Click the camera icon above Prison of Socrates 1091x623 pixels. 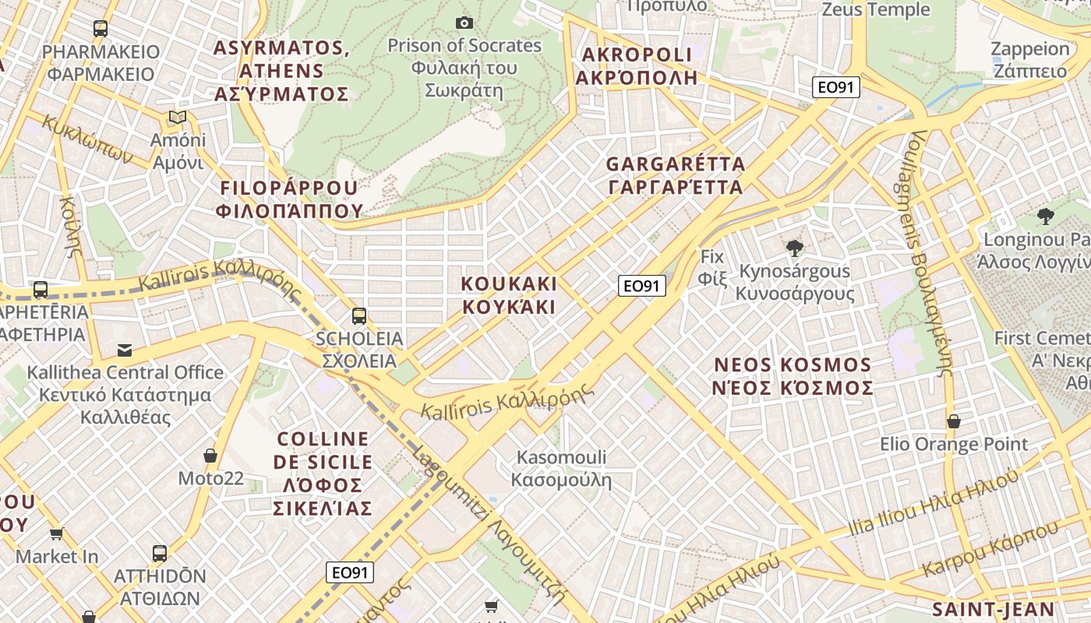tap(464, 23)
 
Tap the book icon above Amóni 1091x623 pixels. tap(178, 118)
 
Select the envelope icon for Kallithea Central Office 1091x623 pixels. tap(125, 350)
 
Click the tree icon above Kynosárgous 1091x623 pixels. tap(794, 248)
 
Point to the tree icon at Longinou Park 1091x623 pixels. tap(1045, 216)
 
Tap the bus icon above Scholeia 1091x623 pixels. tap(358, 315)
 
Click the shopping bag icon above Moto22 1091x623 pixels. tap(210, 455)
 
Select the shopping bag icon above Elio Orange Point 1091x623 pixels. tap(953, 421)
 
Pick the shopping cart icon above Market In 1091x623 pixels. tap(56, 534)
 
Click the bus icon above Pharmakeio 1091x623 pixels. tap(101, 29)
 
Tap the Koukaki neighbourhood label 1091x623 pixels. tap(509, 294)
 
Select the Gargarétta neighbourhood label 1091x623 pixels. tap(675, 175)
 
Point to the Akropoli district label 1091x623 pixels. tap(636, 66)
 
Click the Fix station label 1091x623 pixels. tap(711, 267)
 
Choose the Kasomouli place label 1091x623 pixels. tap(561, 467)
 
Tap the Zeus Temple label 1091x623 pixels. tap(876, 9)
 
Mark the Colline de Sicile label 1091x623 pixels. tap(323, 473)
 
